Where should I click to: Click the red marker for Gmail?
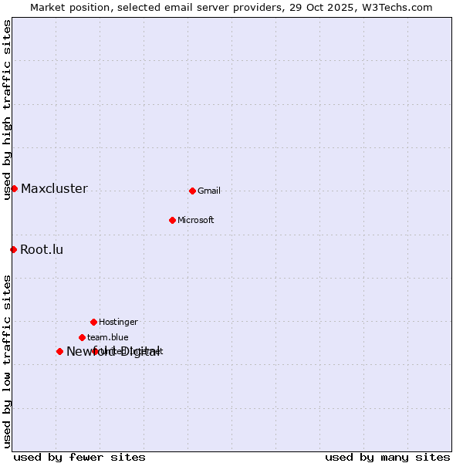tap(192, 191)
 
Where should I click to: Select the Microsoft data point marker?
tap(172, 220)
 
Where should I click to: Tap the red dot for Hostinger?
tap(93, 322)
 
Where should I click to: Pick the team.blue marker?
tap(82, 337)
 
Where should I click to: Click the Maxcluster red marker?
tap(14, 188)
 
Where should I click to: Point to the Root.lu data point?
tap(13, 249)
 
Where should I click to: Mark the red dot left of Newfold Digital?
tap(59, 351)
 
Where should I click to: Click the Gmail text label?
tap(209, 191)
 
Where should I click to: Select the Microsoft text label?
tap(196, 220)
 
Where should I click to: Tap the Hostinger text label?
tap(118, 322)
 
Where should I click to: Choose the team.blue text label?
tap(108, 337)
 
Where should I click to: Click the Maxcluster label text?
tap(54, 188)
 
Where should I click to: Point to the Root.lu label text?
tap(42, 249)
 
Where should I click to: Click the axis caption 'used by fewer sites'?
tap(79, 457)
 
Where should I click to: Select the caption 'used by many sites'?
tap(387, 457)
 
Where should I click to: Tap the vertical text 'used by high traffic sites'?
tap(7, 110)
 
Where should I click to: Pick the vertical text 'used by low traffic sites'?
tap(7, 361)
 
